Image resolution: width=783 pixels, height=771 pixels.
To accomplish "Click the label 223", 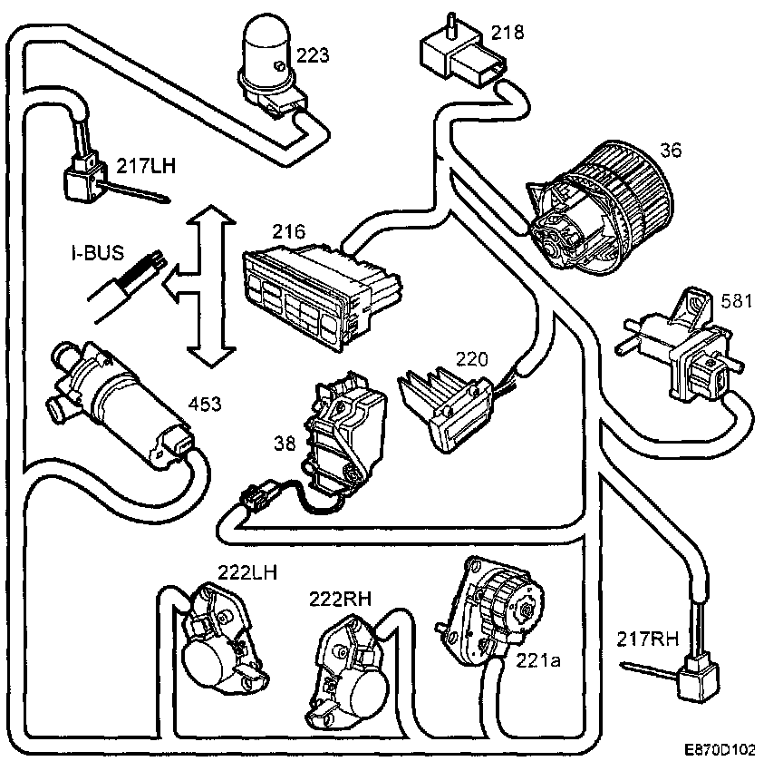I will [x=312, y=56].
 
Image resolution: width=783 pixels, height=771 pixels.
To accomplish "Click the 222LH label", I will [x=247, y=571].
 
